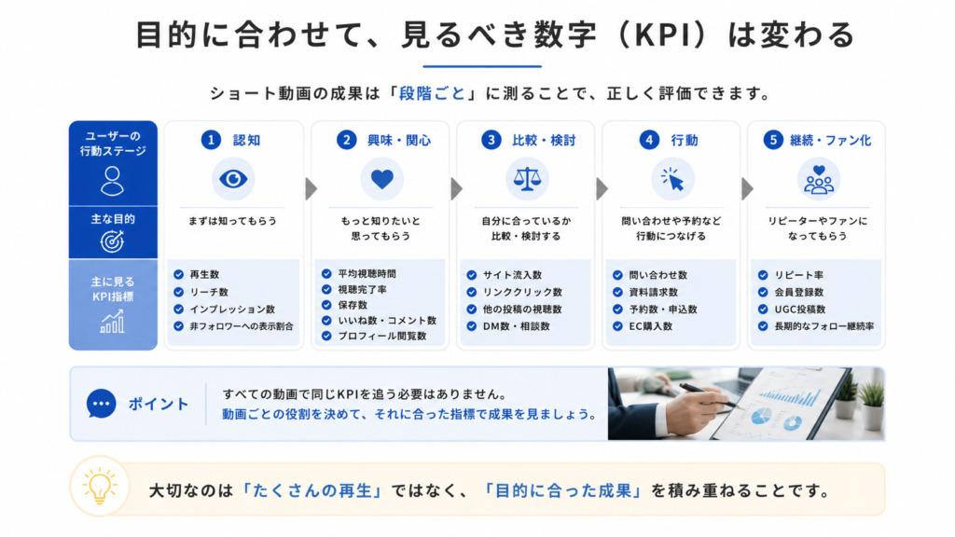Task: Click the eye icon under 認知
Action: (233, 179)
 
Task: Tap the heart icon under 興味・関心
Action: (381, 179)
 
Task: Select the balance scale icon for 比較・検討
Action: (527, 180)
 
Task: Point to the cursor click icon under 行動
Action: (672, 180)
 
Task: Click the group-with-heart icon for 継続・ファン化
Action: (819, 180)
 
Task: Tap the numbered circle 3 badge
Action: (491, 140)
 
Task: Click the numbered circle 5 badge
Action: (773, 140)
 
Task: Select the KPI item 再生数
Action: (204, 275)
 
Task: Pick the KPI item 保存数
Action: (353, 305)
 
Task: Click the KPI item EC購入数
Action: (650, 326)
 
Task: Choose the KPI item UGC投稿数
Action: (799, 310)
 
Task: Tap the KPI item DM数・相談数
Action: (517, 326)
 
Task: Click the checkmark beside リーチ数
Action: (178, 292)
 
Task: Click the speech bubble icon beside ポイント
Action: (101, 404)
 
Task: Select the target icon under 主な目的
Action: (112, 241)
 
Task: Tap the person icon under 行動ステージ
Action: (113, 181)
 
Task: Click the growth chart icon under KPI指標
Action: (113, 322)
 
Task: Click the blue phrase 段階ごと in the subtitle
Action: (433, 94)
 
